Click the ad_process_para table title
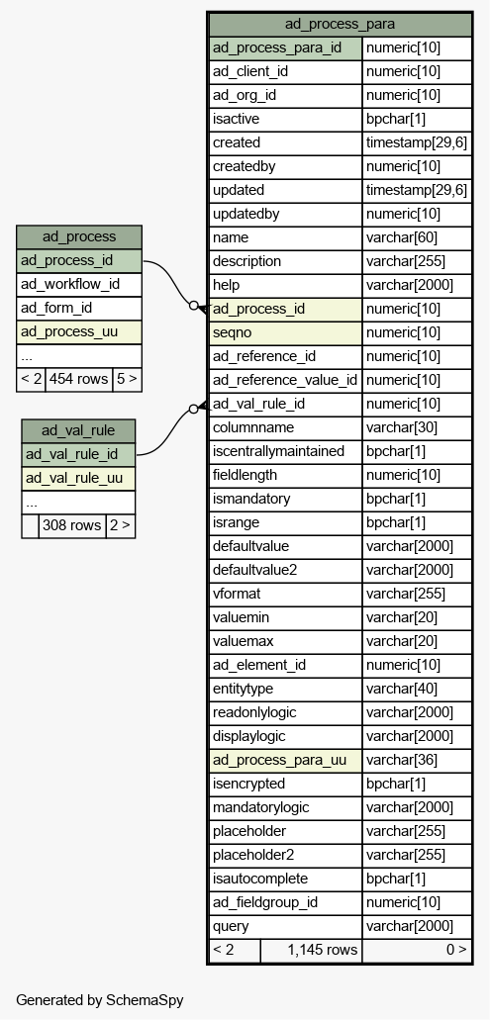click(340, 25)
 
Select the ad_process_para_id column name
click(277, 48)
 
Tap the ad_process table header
click(79, 236)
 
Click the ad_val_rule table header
click(78, 430)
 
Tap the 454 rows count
click(79, 379)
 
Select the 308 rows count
click(71, 525)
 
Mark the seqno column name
click(233, 333)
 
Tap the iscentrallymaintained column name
click(278, 451)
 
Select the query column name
click(231, 926)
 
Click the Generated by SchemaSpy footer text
click(100, 1000)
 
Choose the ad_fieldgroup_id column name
click(265, 902)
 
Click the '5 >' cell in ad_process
click(127, 379)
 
